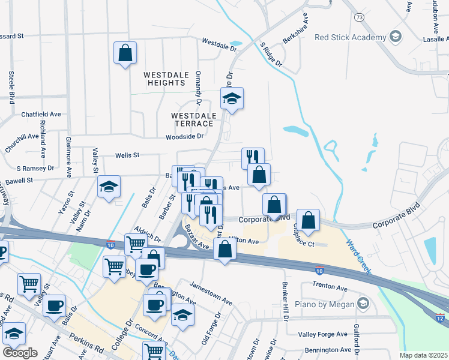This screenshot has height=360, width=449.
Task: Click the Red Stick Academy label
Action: tap(351, 37)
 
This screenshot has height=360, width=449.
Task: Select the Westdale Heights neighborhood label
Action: tap(165, 79)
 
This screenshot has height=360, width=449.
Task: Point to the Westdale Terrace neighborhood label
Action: tap(192, 119)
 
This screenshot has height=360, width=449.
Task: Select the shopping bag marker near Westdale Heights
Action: tap(125, 53)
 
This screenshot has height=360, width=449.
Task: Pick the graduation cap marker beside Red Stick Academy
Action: tap(395, 37)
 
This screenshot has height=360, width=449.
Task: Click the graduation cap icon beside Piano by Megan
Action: tap(362, 304)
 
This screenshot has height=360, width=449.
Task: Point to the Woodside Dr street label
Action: tap(185, 137)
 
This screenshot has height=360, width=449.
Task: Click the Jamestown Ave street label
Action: tap(210, 292)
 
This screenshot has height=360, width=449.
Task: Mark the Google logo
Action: tap(20, 353)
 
